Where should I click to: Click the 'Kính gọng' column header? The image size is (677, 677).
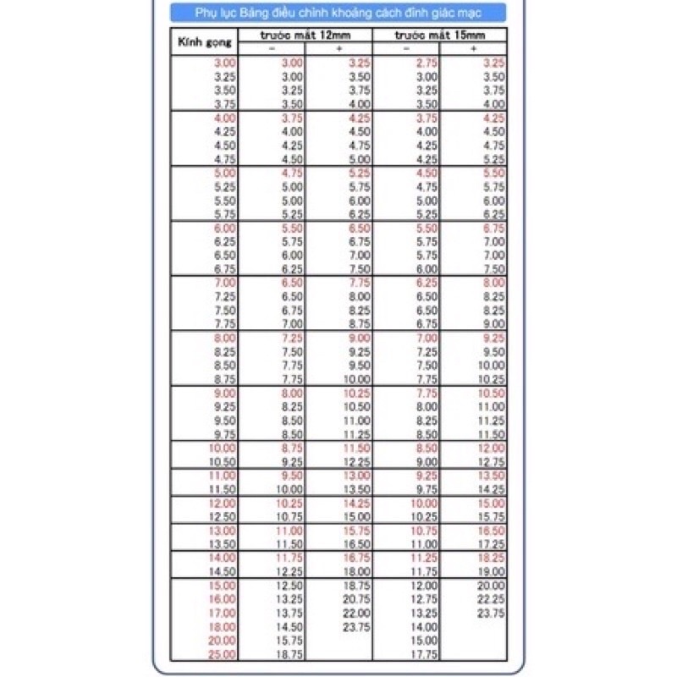tap(203, 41)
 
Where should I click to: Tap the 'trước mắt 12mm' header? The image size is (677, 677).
tap(305, 34)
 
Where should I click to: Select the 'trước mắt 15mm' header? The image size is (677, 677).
tap(439, 34)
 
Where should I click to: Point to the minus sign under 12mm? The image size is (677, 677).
tap(272, 49)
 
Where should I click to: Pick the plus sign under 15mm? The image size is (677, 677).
tap(473, 49)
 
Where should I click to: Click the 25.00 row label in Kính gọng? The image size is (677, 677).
tap(222, 653)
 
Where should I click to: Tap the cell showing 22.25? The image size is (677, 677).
tap(492, 599)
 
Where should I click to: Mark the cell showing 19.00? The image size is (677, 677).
tap(492, 571)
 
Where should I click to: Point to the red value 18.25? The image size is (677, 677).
tap(492, 558)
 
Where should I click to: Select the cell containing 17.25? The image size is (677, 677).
tap(492, 544)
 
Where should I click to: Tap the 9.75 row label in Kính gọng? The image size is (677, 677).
tap(224, 434)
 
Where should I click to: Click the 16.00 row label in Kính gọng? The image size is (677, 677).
tap(222, 599)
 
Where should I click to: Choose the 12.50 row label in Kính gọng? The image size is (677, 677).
tap(222, 516)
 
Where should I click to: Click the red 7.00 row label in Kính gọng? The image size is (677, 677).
tap(224, 283)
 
